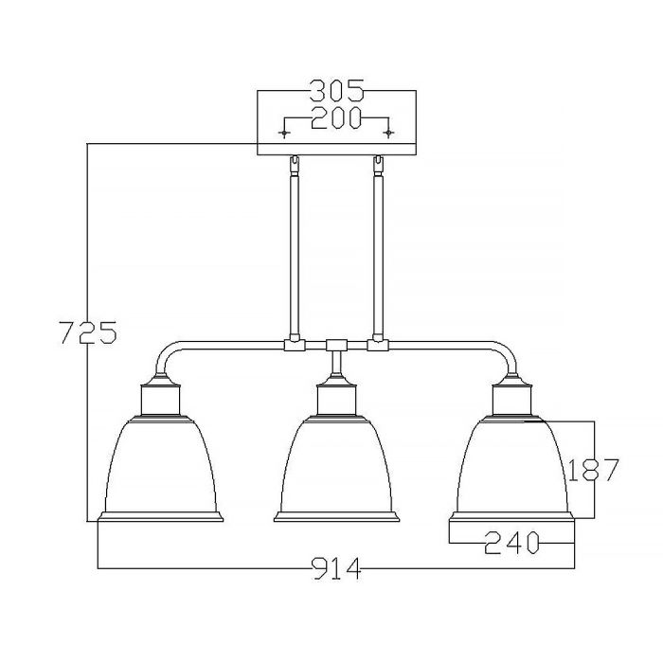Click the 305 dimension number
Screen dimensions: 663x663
(x=336, y=92)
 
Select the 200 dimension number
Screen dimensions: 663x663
(x=336, y=118)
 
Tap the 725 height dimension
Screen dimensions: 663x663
(x=87, y=333)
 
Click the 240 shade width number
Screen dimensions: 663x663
(x=511, y=543)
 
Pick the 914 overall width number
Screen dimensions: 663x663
(x=336, y=569)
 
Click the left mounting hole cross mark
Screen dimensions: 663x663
(x=287, y=132)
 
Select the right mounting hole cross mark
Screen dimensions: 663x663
(x=387, y=132)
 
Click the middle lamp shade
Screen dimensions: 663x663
(x=336, y=464)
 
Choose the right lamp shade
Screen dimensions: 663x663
(x=511, y=464)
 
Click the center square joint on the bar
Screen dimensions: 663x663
(x=336, y=347)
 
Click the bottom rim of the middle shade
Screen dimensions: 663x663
(x=336, y=517)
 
